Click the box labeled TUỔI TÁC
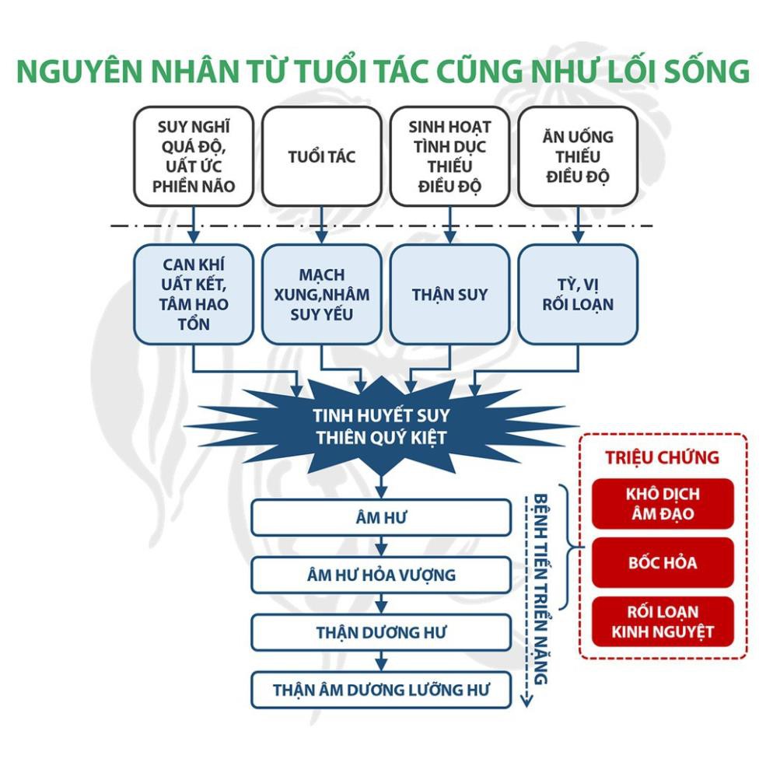click(x=321, y=156)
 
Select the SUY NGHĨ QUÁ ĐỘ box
click(x=194, y=156)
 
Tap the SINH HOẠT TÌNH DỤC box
click(x=449, y=156)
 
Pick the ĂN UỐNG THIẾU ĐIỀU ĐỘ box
click(x=578, y=156)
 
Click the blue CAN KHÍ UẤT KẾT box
click(x=194, y=295)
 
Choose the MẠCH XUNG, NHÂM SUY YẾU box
click(x=321, y=295)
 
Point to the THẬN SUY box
click(x=449, y=295)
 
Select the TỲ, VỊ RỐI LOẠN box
click(x=578, y=295)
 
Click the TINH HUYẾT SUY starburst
click(x=381, y=426)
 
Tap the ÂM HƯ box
click(x=381, y=517)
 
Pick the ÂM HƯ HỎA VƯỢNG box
click(x=381, y=575)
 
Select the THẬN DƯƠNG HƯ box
click(x=381, y=633)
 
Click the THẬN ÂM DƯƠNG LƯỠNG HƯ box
click(x=381, y=690)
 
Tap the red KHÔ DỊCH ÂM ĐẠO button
click(x=663, y=504)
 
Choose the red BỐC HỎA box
click(x=663, y=563)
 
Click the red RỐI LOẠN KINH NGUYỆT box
click(x=663, y=621)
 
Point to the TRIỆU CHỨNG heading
click(x=662, y=457)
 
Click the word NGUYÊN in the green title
click(x=81, y=72)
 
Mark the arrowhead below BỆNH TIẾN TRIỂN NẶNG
click(x=526, y=701)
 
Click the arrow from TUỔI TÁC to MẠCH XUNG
click(x=321, y=225)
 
